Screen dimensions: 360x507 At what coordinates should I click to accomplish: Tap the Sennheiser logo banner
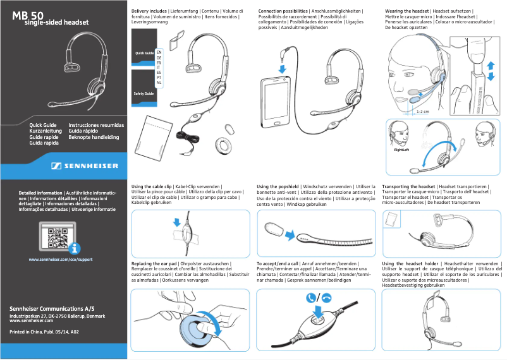tap(85, 166)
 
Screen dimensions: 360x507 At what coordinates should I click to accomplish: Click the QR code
tap(56, 238)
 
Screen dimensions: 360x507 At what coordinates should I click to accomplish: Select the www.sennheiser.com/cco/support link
tap(61, 260)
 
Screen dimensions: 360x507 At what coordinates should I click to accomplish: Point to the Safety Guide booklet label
tap(143, 93)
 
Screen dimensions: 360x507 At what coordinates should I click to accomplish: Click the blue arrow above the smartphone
tap(282, 68)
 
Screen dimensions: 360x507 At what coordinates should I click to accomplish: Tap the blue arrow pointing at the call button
tap(317, 311)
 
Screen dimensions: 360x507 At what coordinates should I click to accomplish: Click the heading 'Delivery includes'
tap(149, 11)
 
